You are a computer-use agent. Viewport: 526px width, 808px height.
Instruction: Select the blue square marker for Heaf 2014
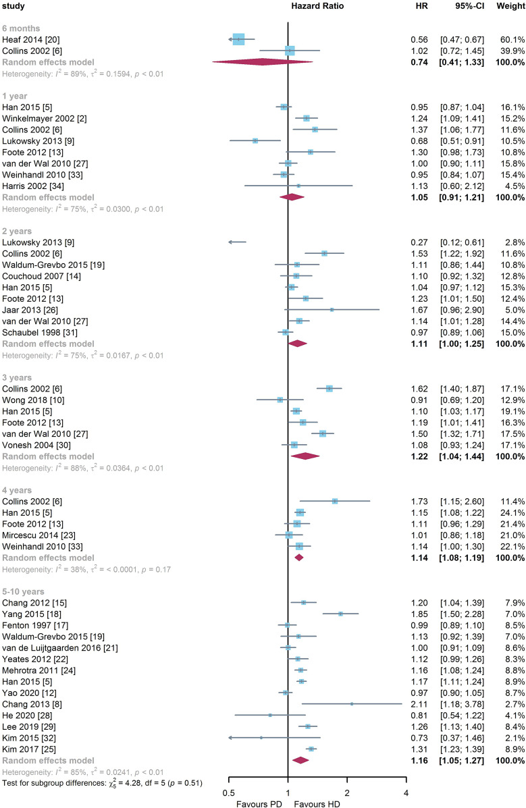point(238,40)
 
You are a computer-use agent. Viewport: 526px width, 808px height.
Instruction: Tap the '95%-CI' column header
point(466,6)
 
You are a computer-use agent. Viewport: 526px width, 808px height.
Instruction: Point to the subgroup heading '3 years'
point(17,377)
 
